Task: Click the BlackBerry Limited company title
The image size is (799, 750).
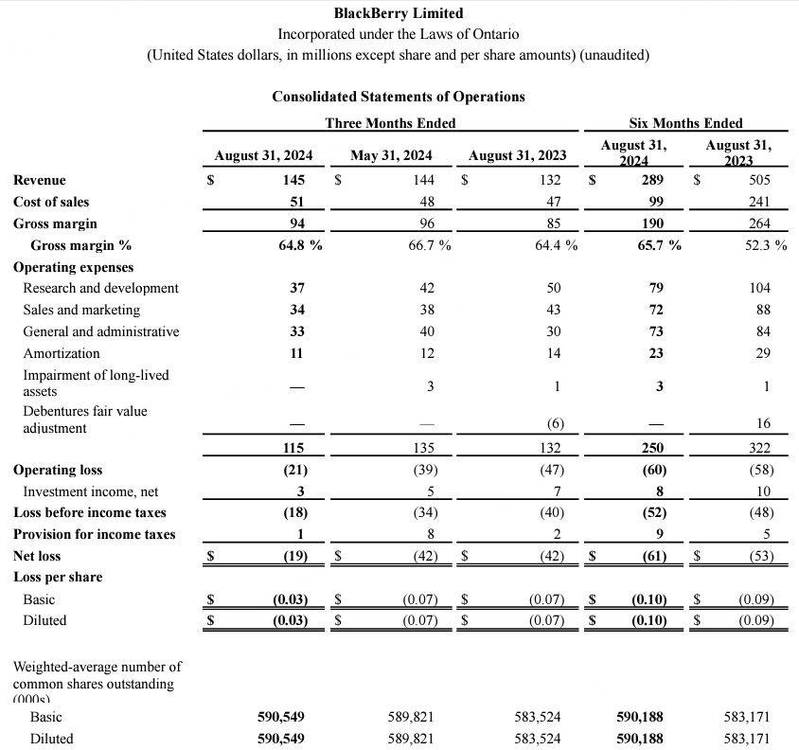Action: click(x=399, y=13)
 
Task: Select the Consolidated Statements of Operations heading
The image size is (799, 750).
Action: click(x=398, y=97)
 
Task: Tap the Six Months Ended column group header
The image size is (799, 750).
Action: click(x=685, y=123)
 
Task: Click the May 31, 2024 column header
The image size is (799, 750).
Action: click(x=391, y=155)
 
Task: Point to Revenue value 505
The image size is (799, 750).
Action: click(x=759, y=180)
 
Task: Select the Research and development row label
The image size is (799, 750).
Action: click(x=100, y=288)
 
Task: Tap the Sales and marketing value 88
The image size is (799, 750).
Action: click(x=763, y=310)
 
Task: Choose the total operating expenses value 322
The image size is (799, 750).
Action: click(x=759, y=448)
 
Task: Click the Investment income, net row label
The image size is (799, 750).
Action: click(x=91, y=491)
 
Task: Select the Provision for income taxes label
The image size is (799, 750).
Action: click(x=95, y=534)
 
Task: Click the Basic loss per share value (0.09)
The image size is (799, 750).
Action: click(x=755, y=599)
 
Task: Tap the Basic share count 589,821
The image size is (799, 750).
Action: click(x=410, y=718)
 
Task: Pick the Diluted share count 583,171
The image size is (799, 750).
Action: click(x=746, y=739)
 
